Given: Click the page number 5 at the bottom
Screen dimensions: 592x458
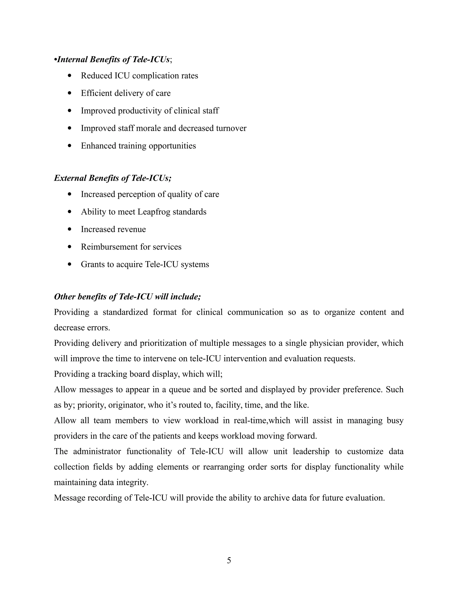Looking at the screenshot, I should click(x=229, y=560).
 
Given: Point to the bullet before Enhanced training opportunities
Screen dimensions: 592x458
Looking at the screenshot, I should click(x=70, y=146).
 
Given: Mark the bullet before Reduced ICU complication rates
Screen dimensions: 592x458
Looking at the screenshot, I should click(x=70, y=76).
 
